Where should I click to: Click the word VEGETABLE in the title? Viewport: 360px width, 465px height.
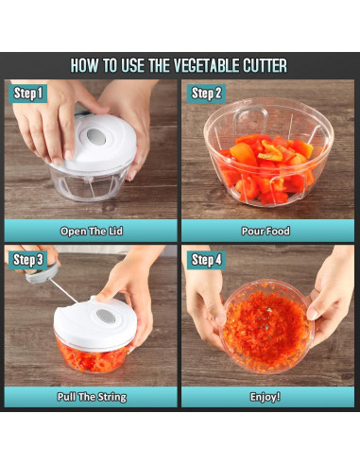coord(206,65)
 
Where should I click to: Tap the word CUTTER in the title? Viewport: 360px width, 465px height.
coord(265,65)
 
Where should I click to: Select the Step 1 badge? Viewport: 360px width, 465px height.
coord(27,94)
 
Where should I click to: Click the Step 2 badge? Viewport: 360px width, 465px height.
coord(206,94)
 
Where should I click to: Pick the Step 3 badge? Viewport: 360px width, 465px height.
coord(27,260)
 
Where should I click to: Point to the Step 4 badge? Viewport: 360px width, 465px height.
coord(206,260)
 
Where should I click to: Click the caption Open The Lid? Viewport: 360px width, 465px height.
coord(92,232)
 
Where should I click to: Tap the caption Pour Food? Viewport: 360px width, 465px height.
coord(266,232)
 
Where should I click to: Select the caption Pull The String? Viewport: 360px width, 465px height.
coord(92,397)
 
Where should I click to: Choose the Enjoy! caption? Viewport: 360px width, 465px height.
coord(266,397)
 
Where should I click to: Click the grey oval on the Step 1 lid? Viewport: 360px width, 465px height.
coord(95,137)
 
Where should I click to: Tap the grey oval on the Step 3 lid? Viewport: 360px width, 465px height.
coord(106,316)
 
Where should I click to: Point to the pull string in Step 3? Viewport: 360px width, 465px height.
coord(64,291)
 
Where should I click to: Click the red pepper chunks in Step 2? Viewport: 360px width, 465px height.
coord(267,167)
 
